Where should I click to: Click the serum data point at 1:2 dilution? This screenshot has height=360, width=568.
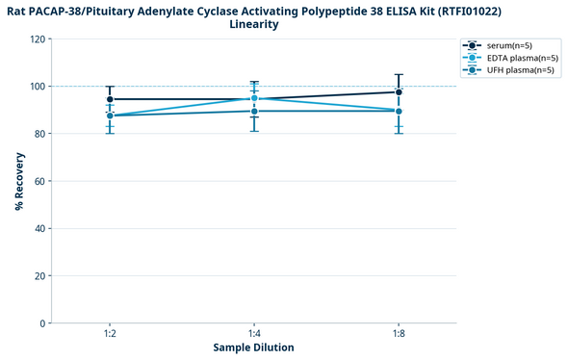[x=110, y=99]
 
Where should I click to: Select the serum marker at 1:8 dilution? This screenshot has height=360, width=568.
[x=398, y=92]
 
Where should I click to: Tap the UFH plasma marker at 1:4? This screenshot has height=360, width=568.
[x=254, y=111]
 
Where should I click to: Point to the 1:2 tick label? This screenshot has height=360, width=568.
[x=110, y=333]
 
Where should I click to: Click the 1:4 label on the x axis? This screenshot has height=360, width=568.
[x=254, y=333]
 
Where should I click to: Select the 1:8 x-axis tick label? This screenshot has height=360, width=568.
[x=398, y=333]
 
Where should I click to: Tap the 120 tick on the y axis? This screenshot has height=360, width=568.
[x=38, y=39]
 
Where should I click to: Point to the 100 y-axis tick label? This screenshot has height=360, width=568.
[x=38, y=87]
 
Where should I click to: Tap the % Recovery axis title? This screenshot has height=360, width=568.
[x=19, y=181]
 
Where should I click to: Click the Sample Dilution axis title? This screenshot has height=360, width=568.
[x=254, y=347]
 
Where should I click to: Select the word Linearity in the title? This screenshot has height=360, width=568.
[x=254, y=24]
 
